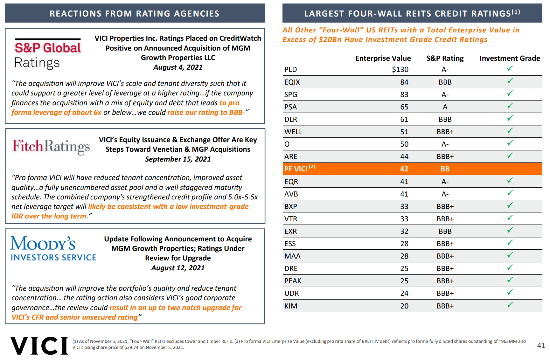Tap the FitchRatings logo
click(x=51, y=147)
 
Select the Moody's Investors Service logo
click(x=53, y=249)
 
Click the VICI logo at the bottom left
click(x=39, y=346)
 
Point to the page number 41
click(x=541, y=345)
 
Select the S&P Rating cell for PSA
click(x=445, y=107)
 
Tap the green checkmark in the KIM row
click(x=510, y=305)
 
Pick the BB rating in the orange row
click(x=445, y=169)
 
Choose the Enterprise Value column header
click(x=383, y=58)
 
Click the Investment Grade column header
click(x=510, y=58)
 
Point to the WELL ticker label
click(x=293, y=132)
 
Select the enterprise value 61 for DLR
click(x=404, y=119)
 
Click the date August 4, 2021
click(x=178, y=67)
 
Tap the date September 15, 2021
click(x=178, y=159)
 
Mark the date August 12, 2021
click(x=178, y=268)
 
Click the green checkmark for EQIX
click(x=510, y=81)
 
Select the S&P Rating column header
click(x=445, y=58)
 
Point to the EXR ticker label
click(x=290, y=231)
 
